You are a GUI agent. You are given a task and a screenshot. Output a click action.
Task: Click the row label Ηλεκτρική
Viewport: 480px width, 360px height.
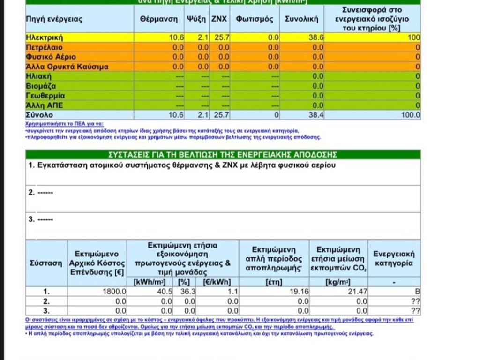pyautogui.click(x=44, y=37)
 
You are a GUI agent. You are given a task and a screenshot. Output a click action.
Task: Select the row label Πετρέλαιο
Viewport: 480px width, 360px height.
pyautogui.click(x=44, y=47)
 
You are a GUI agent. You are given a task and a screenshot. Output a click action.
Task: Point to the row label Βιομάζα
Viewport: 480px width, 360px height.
pyautogui.click(x=41, y=86)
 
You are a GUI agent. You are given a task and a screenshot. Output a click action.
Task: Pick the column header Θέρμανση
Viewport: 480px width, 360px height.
pyautogui.click(x=159, y=19)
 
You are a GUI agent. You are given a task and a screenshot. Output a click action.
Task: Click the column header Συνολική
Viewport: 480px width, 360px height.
pyautogui.click(x=301, y=19)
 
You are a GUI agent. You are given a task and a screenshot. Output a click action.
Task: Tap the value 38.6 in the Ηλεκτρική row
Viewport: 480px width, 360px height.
pyautogui.click(x=310, y=37)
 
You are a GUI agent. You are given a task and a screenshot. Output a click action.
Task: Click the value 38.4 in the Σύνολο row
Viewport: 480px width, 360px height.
pyautogui.click(x=310, y=115)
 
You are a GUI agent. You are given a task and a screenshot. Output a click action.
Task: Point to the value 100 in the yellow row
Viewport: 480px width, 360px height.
pyautogui.click(x=414, y=37)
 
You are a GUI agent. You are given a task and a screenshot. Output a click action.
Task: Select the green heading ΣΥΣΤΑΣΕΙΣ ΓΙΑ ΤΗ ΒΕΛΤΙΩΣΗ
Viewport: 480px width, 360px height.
pyautogui.click(x=223, y=155)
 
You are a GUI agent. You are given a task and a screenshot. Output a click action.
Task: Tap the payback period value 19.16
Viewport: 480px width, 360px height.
pyautogui.click(x=300, y=292)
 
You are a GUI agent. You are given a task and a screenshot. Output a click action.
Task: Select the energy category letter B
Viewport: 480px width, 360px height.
pyautogui.click(x=417, y=292)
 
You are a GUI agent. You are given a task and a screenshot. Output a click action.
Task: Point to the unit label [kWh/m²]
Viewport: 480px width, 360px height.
pyautogui.click(x=150, y=282)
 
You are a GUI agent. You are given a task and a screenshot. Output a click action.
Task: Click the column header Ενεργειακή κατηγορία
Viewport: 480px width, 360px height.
pyautogui.click(x=394, y=258)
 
